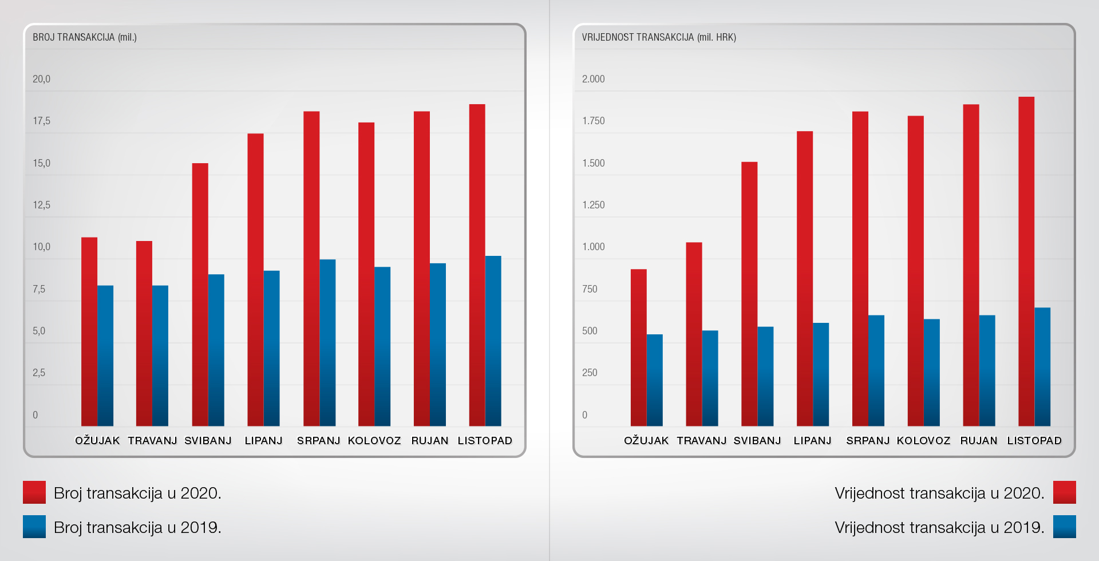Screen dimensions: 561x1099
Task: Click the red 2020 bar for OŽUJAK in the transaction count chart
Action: (x=89, y=332)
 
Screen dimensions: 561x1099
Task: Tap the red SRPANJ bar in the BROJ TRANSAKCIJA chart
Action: (x=311, y=269)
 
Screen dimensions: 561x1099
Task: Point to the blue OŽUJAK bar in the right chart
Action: (x=654, y=380)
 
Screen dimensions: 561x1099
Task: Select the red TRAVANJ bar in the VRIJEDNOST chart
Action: (x=694, y=334)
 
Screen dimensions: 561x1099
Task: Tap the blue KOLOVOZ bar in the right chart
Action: (x=931, y=373)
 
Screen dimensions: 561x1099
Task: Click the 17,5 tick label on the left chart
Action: (x=41, y=121)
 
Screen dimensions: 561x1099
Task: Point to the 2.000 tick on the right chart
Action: (x=593, y=79)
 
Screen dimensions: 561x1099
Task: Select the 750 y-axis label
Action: (x=590, y=289)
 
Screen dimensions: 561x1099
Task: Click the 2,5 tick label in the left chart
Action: (x=39, y=373)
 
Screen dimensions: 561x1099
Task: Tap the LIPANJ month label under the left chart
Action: (x=263, y=441)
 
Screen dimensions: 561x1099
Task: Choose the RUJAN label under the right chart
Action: (x=979, y=441)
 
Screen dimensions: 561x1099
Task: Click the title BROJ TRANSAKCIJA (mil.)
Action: (x=85, y=37)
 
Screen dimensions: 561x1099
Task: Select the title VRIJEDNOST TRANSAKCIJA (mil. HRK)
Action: (x=659, y=37)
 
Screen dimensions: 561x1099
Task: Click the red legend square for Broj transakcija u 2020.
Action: (x=34, y=492)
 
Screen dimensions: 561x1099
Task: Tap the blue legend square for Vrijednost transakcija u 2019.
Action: (x=1064, y=527)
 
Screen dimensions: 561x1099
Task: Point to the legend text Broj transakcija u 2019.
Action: (x=137, y=527)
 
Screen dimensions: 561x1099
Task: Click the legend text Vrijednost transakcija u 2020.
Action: (x=939, y=493)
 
